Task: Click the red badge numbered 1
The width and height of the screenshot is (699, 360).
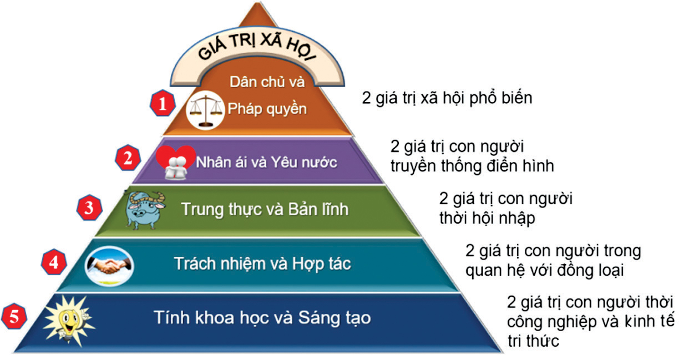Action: pyautogui.click(x=162, y=103)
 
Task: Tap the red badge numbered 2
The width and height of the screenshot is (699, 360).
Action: pyautogui.click(x=128, y=158)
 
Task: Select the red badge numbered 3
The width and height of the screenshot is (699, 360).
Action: pyautogui.click(x=89, y=207)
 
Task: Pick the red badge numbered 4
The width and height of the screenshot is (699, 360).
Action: pyautogui.click(x=54, y=262)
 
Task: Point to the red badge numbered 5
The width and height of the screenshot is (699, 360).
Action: pyautogui.click(x=14, y=316)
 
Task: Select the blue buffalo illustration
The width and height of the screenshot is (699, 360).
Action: pyautogui.click(x=145, y=210)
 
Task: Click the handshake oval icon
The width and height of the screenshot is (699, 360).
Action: pyautogui.click(x=109, y=266)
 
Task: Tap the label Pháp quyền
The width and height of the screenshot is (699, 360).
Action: pyautogui.click(x=267, y=109)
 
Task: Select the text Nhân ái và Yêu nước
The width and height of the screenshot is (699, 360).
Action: pyautogui.click(x=266, y=162)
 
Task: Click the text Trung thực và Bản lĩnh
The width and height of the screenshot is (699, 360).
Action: pyautogui.click(x=265, y=209)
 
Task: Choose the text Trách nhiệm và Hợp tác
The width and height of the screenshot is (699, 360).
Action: pyautogui.click(x=262, y=263)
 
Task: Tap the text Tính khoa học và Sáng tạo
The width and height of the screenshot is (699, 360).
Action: pyautogui.click(x=262, y=318)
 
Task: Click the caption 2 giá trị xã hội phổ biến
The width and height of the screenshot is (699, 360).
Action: pyautogui.click(x=447, y=98)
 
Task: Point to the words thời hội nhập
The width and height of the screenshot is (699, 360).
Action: pyautogui.click(x=487, y=218)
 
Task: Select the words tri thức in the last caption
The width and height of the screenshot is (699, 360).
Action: pyautogui.click(x=533, y=340)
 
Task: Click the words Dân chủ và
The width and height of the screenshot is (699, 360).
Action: pyautogui.click(x=267, y=82)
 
